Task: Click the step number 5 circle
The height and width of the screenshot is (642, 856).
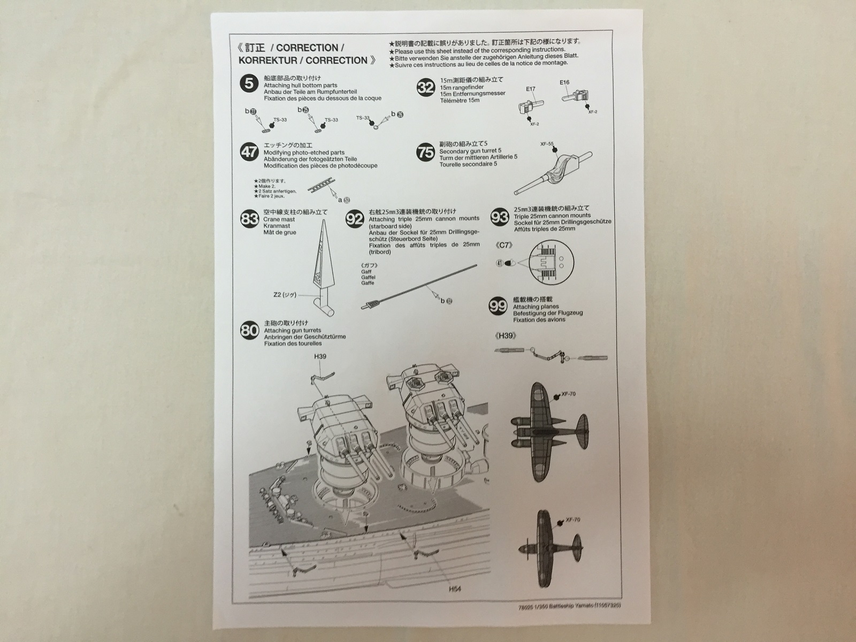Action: [249, 84]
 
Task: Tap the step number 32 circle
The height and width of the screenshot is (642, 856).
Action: [426, 87]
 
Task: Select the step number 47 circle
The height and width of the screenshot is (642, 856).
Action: [249, 151]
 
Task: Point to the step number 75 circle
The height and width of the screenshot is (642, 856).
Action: [426, 152]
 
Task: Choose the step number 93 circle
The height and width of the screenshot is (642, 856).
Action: [499, 217]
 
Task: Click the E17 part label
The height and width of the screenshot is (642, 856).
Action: [530, 90]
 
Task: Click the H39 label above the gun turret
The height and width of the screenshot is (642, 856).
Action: [320, 356]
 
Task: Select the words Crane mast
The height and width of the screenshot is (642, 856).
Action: [279, 219]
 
